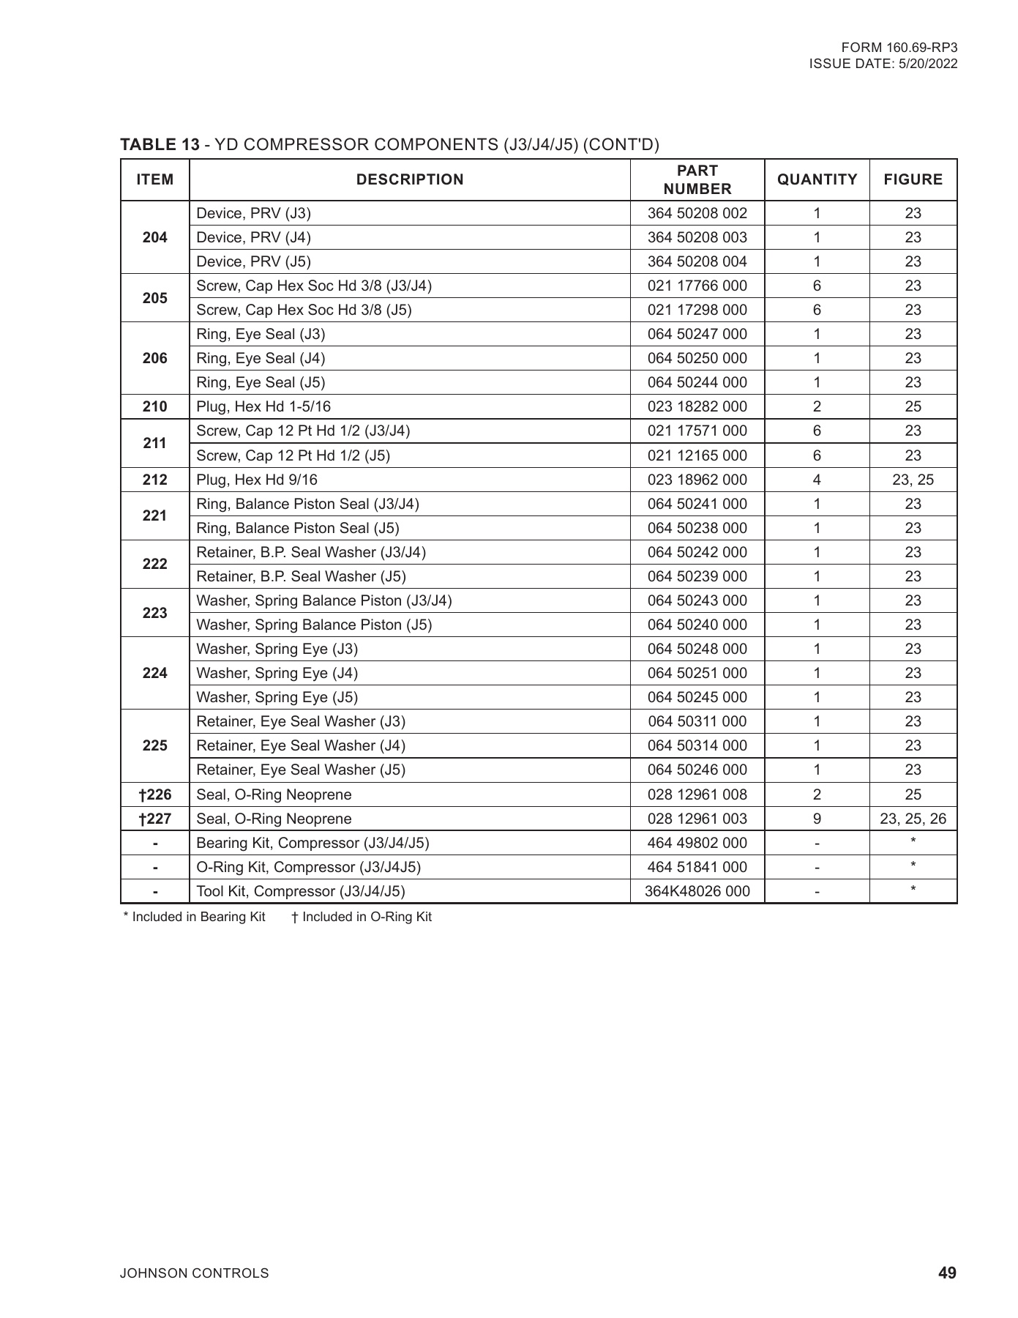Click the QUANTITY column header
tap(817, 179)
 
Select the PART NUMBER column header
tap(697, 179)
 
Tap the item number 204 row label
tap(154, 237)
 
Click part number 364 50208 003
tap(697, 237)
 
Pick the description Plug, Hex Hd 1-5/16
tap(263, 406)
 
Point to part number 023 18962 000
tap(697, 480)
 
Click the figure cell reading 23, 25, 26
tap(913, 819)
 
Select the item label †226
tap(154, 794)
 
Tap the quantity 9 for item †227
tap(817, 819)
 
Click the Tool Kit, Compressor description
tap(300, 891)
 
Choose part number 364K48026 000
tap(697, 891)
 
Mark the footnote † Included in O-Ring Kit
tap(362, 917)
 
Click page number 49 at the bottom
tap(947, 1273)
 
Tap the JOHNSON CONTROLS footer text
tap(194, 1273)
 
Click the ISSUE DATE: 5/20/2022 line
tap(883, 64)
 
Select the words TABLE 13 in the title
tap(160, 144)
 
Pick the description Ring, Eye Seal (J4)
tap(261, 358)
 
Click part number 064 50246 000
tap(697, 770)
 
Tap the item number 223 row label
tap(154, 613)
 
